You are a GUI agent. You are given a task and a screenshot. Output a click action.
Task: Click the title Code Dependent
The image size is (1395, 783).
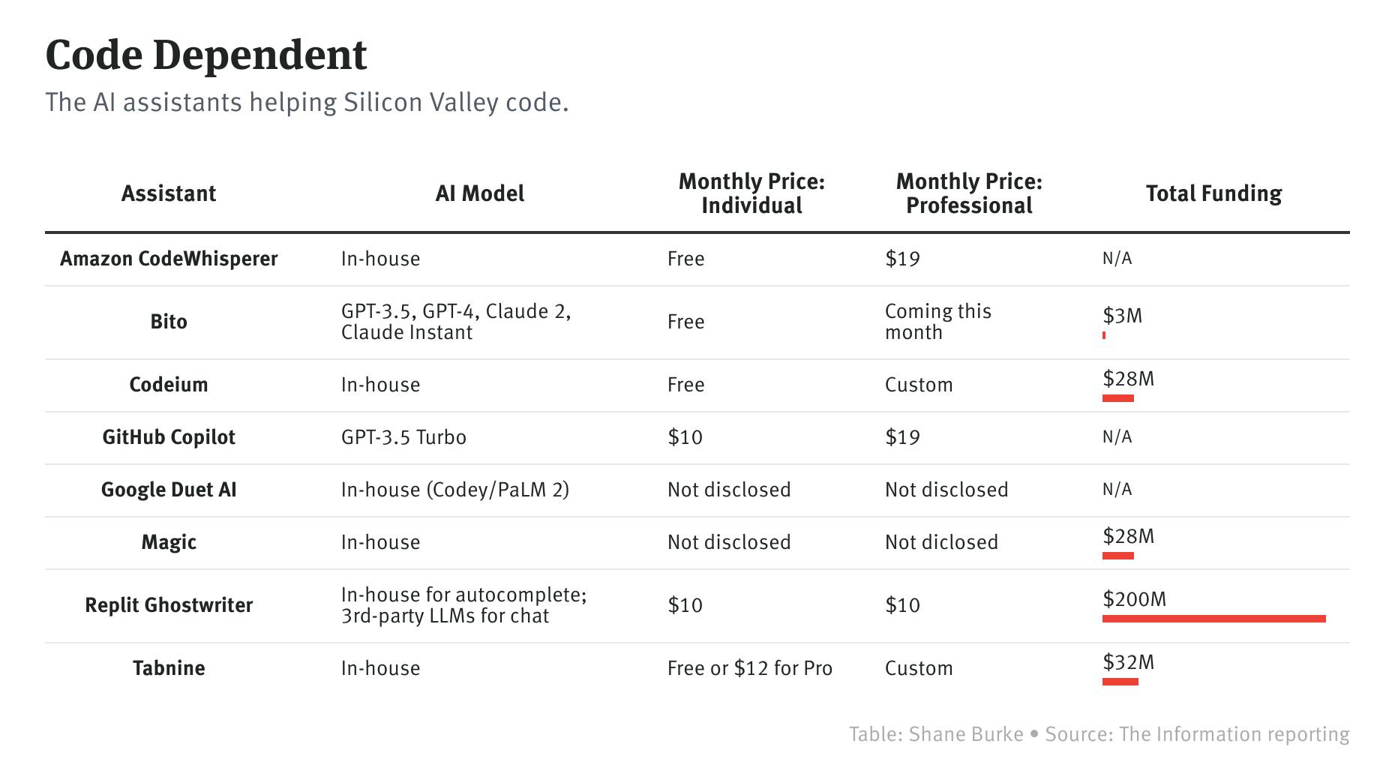pyautogui.click(x=206, y=55)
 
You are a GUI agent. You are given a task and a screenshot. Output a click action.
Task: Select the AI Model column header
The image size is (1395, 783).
pyautogui.click(x=480, y=193)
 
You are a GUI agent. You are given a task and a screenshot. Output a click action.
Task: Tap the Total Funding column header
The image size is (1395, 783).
pyautogui.click(x=1213, y=193)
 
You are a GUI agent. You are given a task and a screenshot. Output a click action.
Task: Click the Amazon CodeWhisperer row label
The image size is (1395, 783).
pyautogui.click(x=169, y=259)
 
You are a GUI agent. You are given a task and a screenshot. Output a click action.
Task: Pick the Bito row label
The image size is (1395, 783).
pyautogui.click(x=169, y=322)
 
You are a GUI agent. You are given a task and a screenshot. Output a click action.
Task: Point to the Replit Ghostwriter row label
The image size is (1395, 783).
pyautogui.click(x=169, y=605)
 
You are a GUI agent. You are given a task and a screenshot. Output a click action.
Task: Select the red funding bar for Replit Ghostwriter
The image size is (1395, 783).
pyautogui.click(x=1213, y=619)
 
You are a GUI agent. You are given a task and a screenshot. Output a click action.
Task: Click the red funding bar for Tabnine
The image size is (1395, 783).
pyautogui.click(x=1120, y=682)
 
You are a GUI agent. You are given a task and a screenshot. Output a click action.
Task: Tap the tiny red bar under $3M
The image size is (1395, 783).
pyautogui.click(x=1104, y=335)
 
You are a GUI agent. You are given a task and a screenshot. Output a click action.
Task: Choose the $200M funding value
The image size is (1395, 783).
pyautogui.click(x=1134, y=599)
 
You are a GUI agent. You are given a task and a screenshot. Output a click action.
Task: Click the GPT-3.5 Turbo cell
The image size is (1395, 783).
pyautogui.click(x=403, y=437)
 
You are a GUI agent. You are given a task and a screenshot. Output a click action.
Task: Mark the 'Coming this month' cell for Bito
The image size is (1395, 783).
pyautogui.click(x=937, y=322)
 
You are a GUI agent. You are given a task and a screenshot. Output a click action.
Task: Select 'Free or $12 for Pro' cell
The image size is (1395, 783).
pyautogui.click(x=749, y=668)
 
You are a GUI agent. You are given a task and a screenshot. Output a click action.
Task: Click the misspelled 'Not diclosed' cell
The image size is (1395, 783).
pyautogui.click(x=941, y=542)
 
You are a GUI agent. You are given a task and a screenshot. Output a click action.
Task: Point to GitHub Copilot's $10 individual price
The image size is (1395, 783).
pyautogui.click(x=685, y=437)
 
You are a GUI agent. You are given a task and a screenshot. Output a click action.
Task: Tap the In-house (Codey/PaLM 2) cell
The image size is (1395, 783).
pyautogui.click(x=454, y=490)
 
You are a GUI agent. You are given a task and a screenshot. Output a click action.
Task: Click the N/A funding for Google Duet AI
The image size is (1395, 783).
pyautogui.click(x=1117, y=490)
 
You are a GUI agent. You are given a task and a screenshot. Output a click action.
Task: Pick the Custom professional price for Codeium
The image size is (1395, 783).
pyautogui.click(x=919, y=385)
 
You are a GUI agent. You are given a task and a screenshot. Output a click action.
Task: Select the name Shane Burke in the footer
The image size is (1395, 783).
pyautogui.click(x=966, y=734)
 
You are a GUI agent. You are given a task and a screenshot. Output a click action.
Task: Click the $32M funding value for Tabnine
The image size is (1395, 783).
pyautogui.click(x=1128, y=662)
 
